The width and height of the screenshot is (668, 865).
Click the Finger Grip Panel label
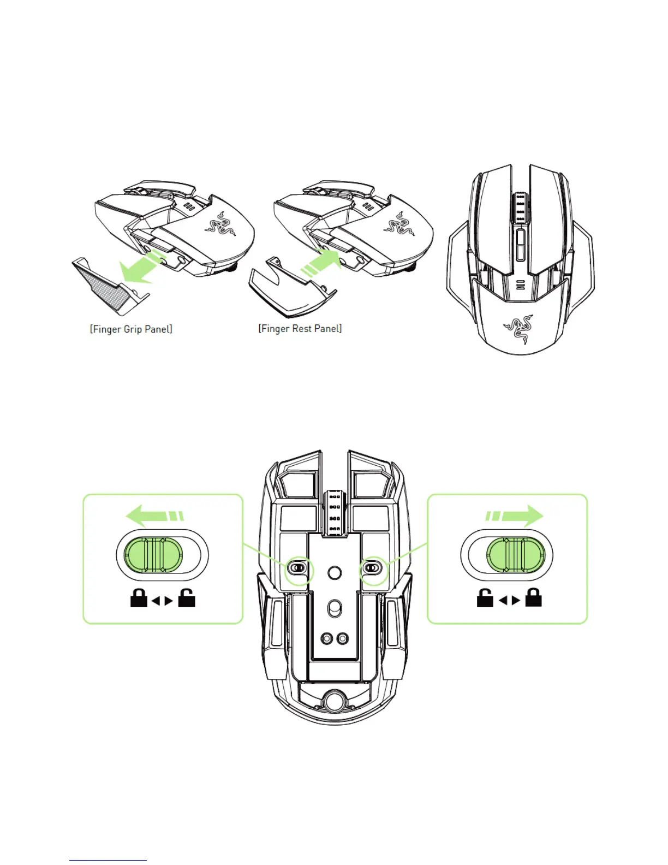click(131, 329)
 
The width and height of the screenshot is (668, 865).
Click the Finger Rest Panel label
click(300, 329)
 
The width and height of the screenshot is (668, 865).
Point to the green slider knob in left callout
click(151, 555)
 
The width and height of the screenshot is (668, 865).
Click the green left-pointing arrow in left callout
click(153, 516)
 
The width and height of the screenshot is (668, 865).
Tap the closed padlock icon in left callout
click(139, 599)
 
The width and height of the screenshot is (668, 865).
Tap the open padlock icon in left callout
click(187, 599)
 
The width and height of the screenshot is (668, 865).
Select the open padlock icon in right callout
click(485, 599)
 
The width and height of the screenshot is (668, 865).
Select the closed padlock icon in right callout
click(533, 599)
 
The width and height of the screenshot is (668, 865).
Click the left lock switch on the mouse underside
click(297, 568)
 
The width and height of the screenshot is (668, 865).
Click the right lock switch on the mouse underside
click(372, 568)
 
